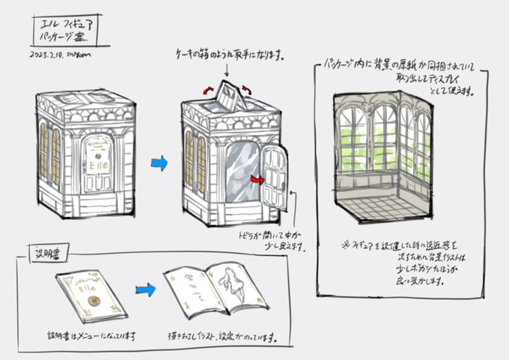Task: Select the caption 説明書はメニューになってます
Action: pos(90,336)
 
